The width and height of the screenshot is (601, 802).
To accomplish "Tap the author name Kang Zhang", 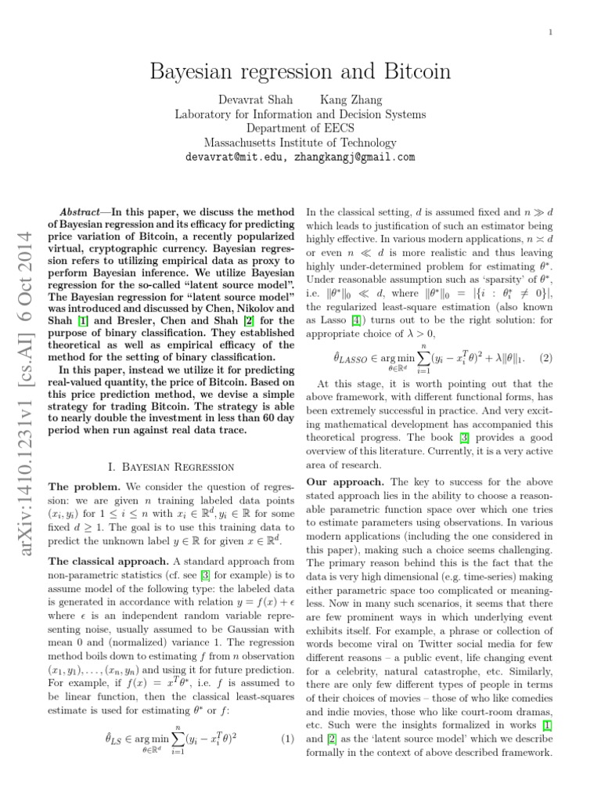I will tap(351, 99).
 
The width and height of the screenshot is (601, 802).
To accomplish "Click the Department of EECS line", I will tap(300, 128).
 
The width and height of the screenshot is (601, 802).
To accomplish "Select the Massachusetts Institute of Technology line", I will tap(300, 143).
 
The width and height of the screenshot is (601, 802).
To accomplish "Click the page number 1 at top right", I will tap(551, 32).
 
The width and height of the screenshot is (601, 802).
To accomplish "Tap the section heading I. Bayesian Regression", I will tap(170, 466).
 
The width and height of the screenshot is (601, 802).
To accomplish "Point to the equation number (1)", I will tap(286, 760).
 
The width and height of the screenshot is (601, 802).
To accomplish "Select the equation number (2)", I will tap(545, 358).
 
